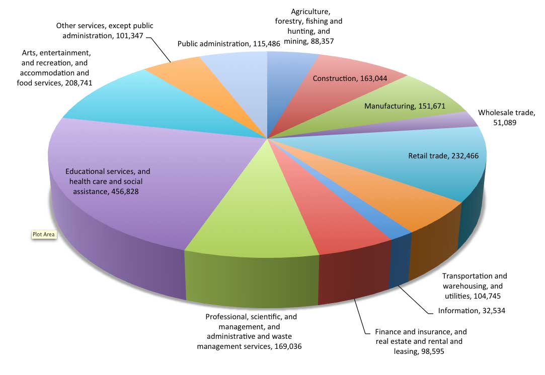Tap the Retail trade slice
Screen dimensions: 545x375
tap(417, 160)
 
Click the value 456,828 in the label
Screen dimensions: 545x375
tap(125, 192)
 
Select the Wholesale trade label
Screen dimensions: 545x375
tap(506, 117)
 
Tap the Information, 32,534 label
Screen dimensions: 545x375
tap(472, 311)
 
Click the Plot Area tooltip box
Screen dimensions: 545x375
tap(44, 234)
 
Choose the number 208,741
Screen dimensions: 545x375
tap(79, 83)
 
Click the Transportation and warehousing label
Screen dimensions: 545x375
tap(474, 286)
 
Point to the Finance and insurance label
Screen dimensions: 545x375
tap(420, 342)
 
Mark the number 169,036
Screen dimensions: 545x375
tap(288, 346)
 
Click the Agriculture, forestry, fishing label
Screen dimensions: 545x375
tap(308, 26)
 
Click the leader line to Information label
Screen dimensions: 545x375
tap(415, 299)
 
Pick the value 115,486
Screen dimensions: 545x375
tap(266, 44)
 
